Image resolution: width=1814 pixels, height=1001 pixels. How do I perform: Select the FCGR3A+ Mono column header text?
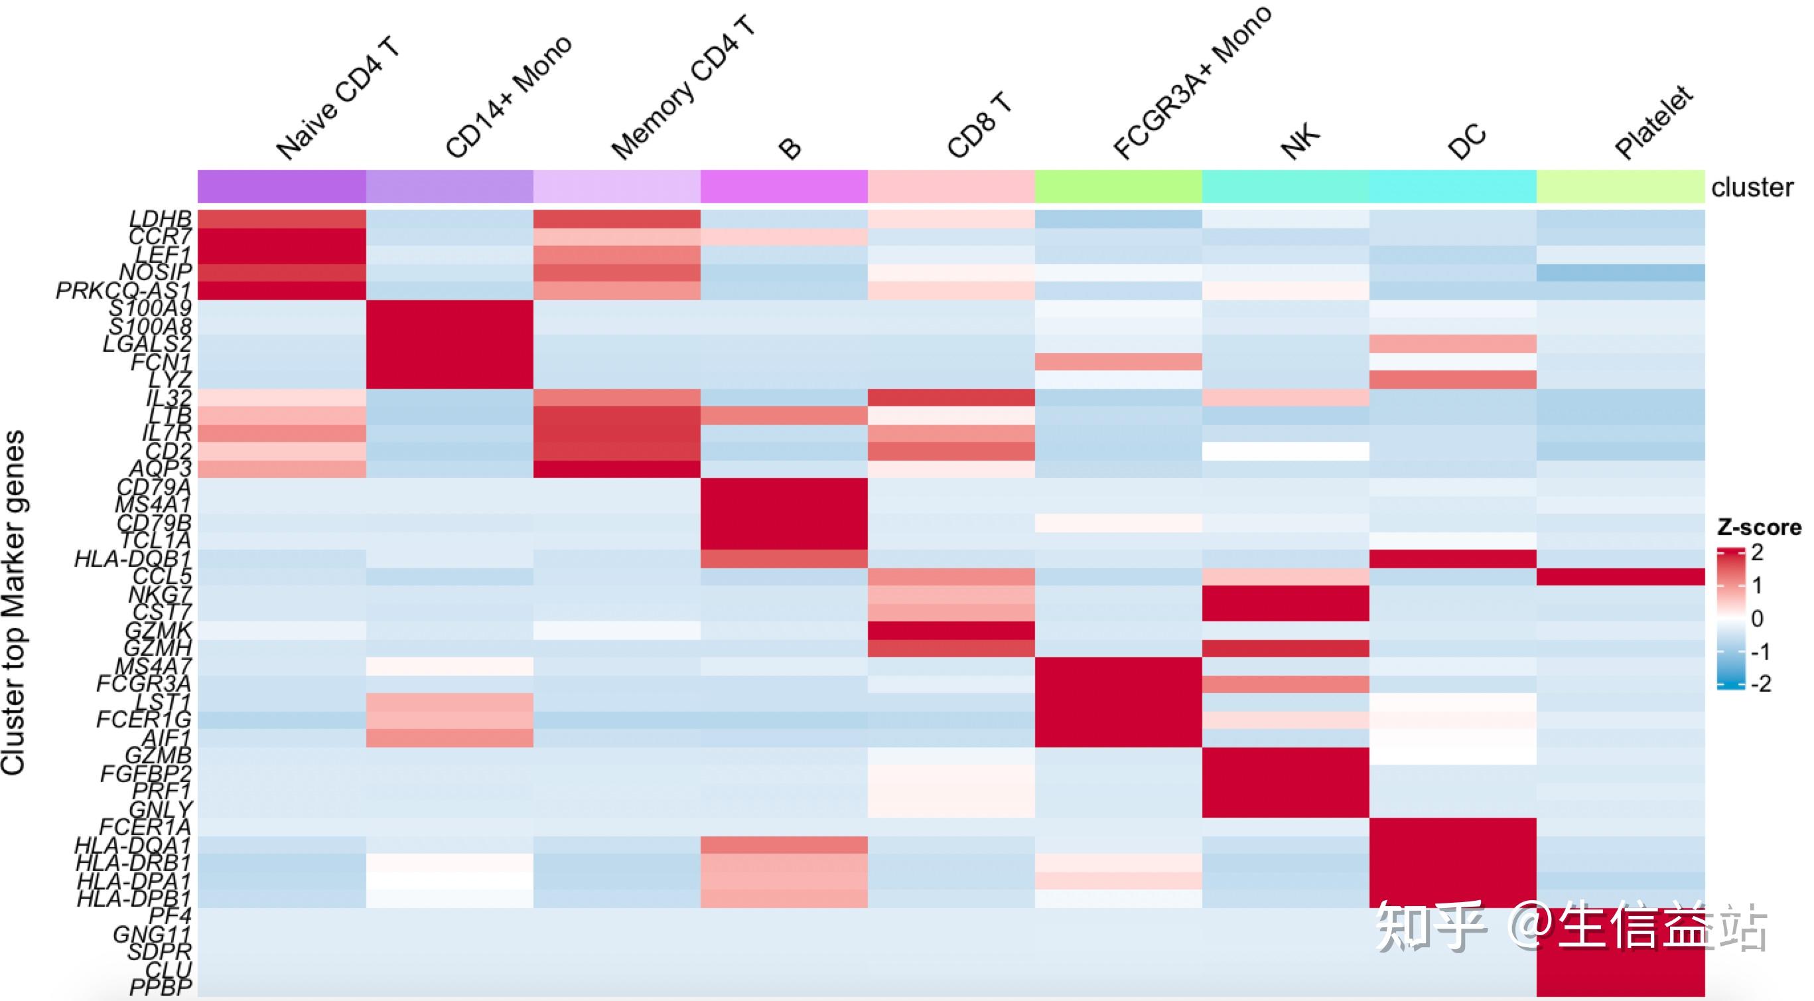(x=1192, y=82)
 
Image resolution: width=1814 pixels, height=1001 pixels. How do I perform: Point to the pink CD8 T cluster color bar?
(x=951, y=186)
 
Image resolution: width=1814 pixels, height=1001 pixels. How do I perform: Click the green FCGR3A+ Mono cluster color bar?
(x=1118, y=186)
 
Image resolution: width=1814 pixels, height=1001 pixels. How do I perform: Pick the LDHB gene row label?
(x=160, y=218)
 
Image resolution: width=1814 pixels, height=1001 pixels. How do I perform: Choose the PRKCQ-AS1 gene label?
(x=124, y=290)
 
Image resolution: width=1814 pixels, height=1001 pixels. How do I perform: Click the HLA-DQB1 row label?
(x=133, y=560)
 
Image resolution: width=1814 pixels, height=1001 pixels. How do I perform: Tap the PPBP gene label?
(x=161, y=988)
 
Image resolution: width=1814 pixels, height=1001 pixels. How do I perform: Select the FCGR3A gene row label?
(x=144, y=683)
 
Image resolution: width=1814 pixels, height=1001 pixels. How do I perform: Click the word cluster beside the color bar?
(x=1752, y=187)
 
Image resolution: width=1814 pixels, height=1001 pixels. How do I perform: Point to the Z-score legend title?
(x=1758, y=527)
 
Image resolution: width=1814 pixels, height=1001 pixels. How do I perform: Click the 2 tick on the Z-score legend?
(x=1758, y=552)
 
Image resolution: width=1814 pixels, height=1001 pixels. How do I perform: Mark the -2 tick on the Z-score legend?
(x=1760, y=683)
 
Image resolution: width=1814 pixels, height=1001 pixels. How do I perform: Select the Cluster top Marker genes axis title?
(x=13, y=602)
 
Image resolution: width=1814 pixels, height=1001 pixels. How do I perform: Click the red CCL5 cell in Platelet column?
(x=1620, y=577)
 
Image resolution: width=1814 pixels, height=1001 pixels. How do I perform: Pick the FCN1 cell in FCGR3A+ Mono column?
(x=1118, y=362)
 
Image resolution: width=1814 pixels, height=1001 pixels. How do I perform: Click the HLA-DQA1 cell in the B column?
(x=784, y=844)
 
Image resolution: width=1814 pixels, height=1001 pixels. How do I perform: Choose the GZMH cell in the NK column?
(x=1285, y=648)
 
